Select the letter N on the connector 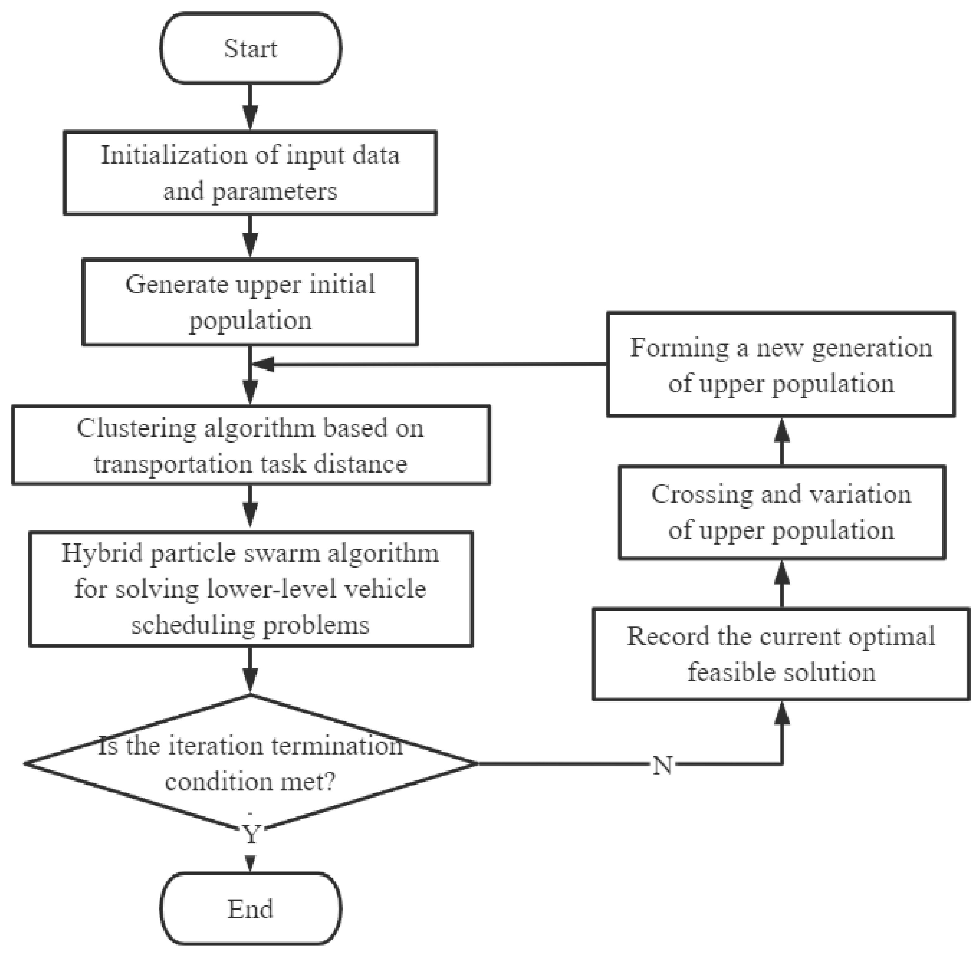click(x=662, y=765)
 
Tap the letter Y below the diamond click(x=251, y=835)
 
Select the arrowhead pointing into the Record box click(x=782, y=713)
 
